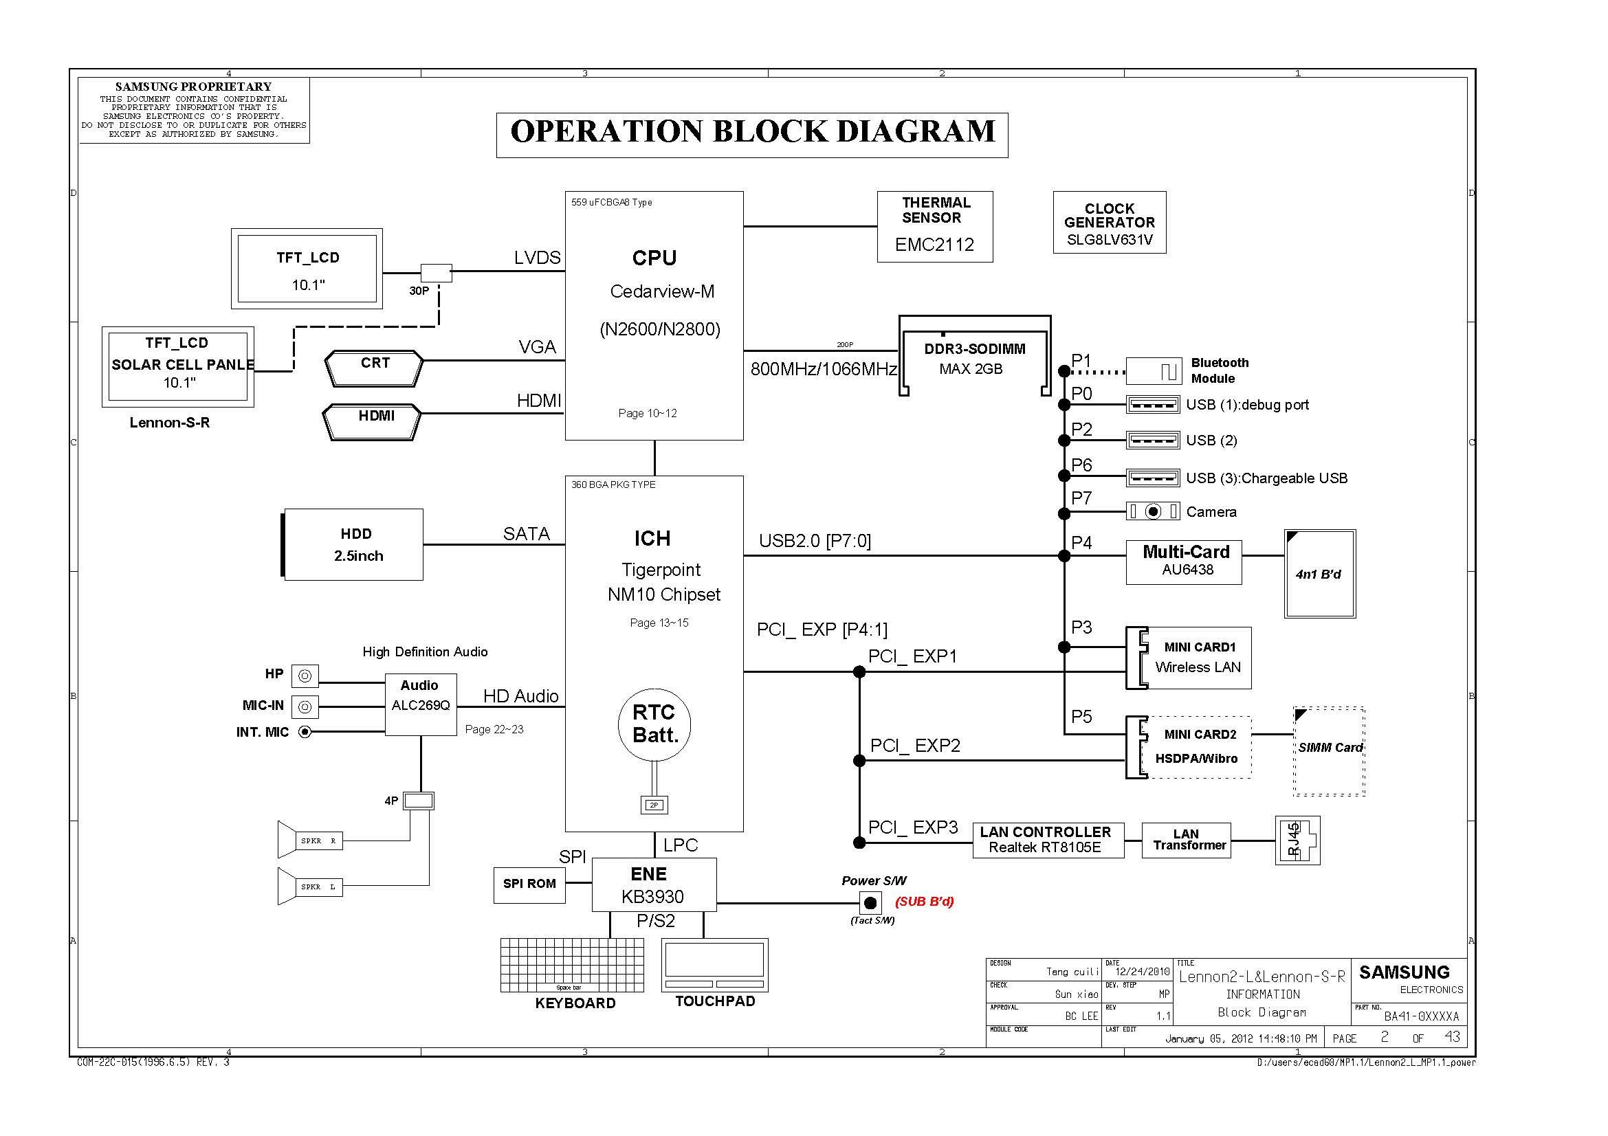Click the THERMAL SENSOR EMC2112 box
[x=934, y=227]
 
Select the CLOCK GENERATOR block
[x=1109, y=223]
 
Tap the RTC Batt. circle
[x=654, y=724]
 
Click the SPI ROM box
[x=529, y=884]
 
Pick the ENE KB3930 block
[x=653, y=884]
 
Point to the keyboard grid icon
[x=571, y=964]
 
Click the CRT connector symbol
[x=374, y=368]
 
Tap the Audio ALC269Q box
[x=420, y=704]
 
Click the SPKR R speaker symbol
[x=309, y=839]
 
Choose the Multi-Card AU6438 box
[x=1183, y=562]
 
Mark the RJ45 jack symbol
[x=1297, y=840]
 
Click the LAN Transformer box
[x=1186, y=840]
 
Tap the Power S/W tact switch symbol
[x=870, y=902]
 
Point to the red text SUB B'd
[x=924, y=902]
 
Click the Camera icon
[x=1152, y=512]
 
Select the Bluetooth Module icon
[x=1153, y=371]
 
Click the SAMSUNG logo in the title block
[x=1404, y=972]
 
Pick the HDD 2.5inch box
[x=353, y=544]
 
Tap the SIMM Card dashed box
[x=1328, y=751]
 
